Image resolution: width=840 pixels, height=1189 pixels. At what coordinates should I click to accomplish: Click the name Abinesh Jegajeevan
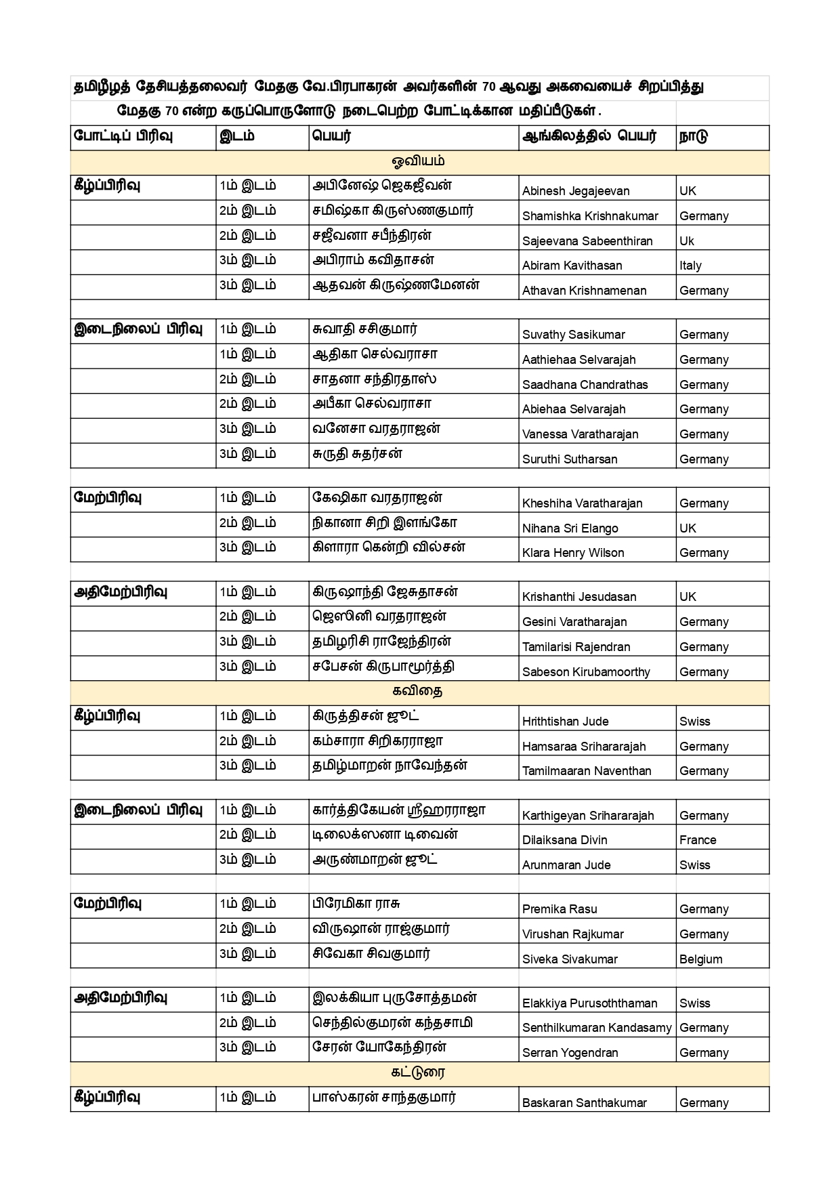point(575,191)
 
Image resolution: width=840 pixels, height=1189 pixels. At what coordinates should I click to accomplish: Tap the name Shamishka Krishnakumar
point(589,216)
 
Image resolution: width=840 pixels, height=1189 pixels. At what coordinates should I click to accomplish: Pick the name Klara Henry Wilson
point(572,553)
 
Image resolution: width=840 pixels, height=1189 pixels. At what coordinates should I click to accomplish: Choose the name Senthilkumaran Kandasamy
point(596,1028)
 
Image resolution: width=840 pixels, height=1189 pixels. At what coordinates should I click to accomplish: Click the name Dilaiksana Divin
point(564,840)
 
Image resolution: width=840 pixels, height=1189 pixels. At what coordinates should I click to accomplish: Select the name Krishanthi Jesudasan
point(579,597)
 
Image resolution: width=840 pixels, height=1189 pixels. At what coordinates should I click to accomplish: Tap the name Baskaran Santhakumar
point(584,1103)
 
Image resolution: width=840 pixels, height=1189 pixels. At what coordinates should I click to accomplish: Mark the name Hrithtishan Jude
point(565,722)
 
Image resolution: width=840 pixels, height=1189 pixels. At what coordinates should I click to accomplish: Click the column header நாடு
point(694,136)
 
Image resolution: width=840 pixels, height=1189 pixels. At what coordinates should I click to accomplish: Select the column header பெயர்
point(332,136)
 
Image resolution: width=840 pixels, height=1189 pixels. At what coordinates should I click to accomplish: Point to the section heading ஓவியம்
point(419,161)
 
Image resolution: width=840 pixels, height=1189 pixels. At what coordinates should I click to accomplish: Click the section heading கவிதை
point(419,692)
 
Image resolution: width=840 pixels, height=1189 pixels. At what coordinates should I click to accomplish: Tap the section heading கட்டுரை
point(419,1072)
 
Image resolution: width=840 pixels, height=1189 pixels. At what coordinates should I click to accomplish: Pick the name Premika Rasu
point(560,909)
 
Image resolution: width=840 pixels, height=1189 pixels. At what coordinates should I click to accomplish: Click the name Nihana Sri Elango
point(570,528)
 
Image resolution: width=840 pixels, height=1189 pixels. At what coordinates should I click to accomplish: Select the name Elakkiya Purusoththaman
point(589,1003)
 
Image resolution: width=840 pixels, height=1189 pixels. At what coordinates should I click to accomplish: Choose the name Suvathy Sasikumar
point(573,335)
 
